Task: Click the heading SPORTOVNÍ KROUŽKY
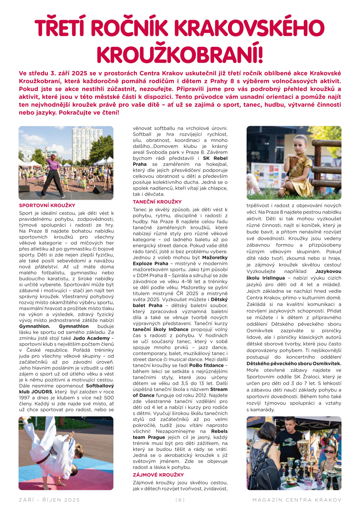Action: click(47, 206)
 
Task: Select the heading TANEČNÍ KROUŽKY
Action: click(157, 202)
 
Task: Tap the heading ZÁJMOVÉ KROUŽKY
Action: click(158, 475)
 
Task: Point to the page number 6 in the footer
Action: click(180, 500)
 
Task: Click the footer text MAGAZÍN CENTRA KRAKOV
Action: click(297, 500)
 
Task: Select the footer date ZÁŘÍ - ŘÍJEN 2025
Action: click(49, 500)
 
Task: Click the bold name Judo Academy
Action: click(91, 338)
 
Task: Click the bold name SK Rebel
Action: click(215, 158)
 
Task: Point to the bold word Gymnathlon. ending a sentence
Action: click(35, 326)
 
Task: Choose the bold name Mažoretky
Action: click(215, 257)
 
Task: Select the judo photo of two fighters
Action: click(66, 453)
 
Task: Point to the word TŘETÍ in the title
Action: click(66, 28)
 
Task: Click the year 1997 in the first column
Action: click(25, 397)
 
